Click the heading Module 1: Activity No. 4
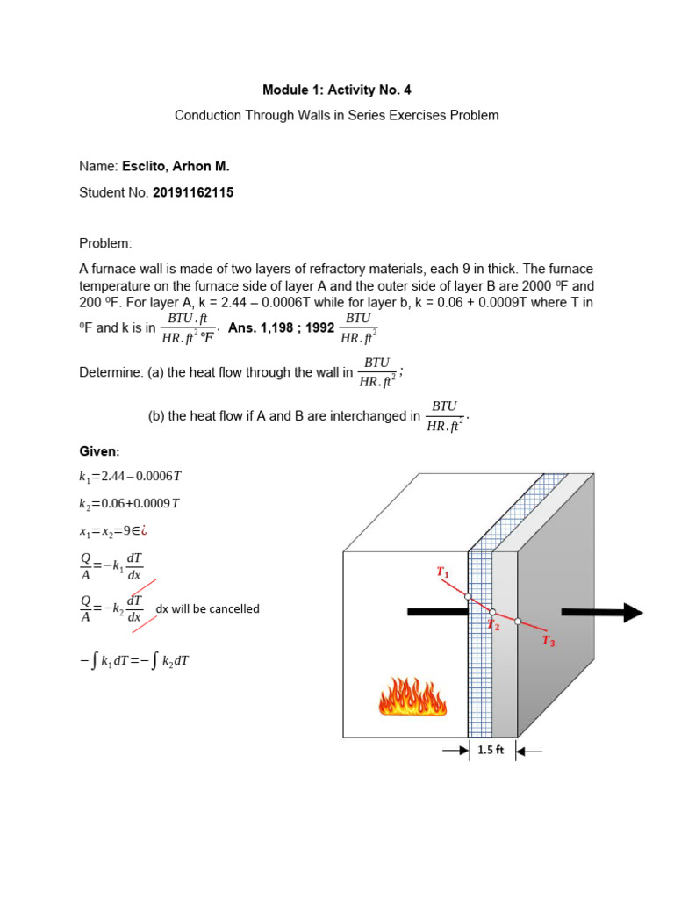(x=337, y=90)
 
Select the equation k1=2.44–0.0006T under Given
(x=130, y=477)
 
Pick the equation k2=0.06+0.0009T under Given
(x=129, y=503)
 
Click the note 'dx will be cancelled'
(x=207, y=608)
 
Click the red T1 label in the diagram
(x=443, y=572)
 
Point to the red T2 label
(x=494, y=625)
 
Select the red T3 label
(x=549, y=642)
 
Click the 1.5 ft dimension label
(x=491, y=751)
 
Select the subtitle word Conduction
(x=208, y=116)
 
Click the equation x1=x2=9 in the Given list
(x=117, y=529)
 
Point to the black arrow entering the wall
(x=436, y=613)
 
